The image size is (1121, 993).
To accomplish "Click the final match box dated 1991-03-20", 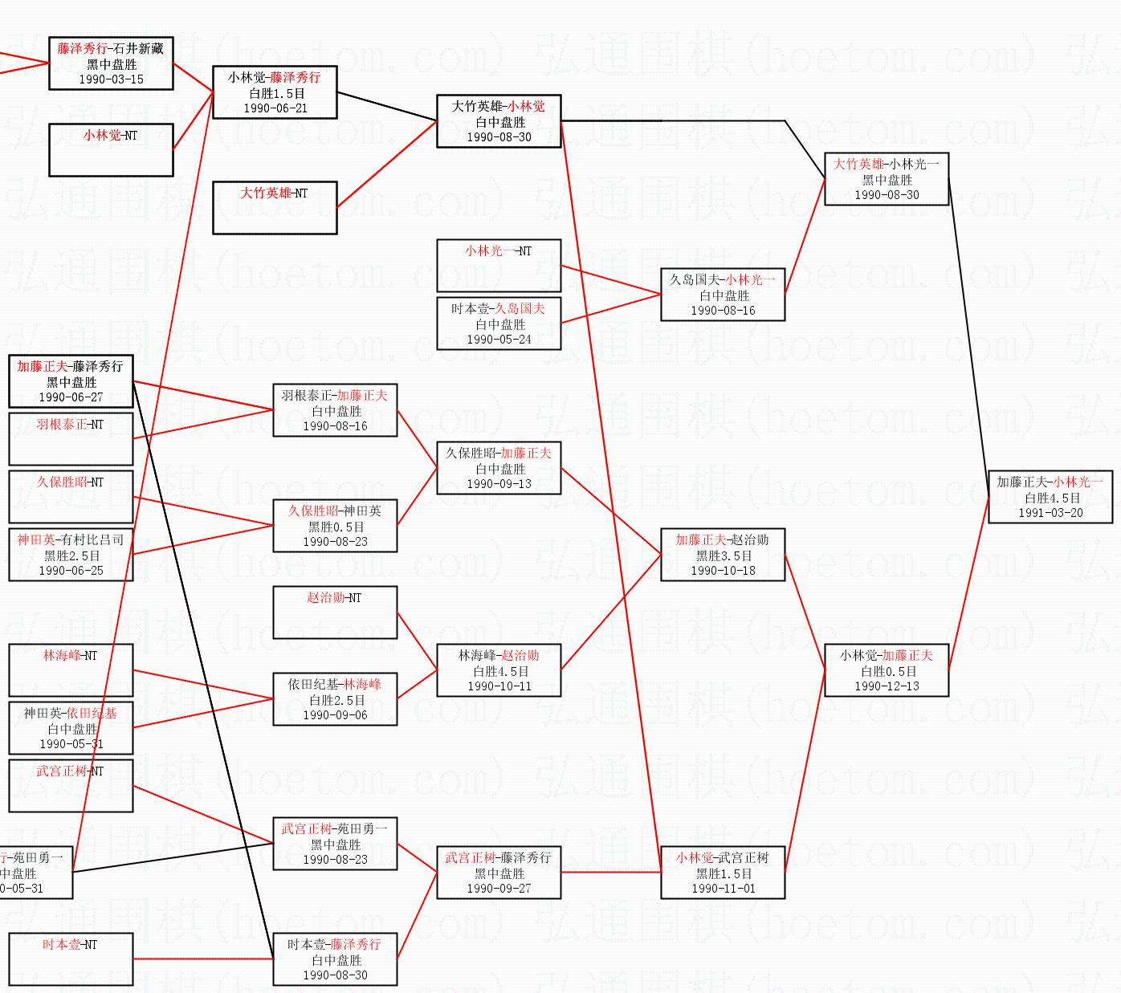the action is (1050, 497).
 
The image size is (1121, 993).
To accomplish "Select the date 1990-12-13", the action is (887, 686).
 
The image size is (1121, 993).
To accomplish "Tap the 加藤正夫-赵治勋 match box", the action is (722, 555).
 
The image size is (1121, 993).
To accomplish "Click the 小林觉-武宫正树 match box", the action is (722, 873).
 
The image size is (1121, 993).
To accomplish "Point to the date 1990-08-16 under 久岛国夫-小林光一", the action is (723, 311).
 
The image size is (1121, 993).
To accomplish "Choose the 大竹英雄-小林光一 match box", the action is (887, 179).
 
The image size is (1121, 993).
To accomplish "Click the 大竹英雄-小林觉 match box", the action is (499, 121).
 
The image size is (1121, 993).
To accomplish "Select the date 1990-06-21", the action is (275, 108).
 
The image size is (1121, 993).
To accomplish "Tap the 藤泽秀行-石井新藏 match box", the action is (111, 63).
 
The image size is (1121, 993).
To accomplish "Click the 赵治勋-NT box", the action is (335, 612).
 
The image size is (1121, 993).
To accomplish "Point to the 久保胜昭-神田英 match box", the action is (335, 526).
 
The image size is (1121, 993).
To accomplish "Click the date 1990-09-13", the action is (499, 484).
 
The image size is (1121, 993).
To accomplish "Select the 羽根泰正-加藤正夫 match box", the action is (335, 410).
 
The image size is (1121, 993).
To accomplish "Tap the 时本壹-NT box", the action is (71, 959).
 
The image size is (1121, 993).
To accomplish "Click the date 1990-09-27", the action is (499, 889).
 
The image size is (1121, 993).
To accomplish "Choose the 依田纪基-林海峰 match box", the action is (335, 699).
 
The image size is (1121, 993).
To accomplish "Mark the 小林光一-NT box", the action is (499, 266).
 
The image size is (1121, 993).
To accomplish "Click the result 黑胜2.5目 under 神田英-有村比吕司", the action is (71, 556).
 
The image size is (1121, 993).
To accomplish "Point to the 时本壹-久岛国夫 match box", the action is (499, 324).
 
